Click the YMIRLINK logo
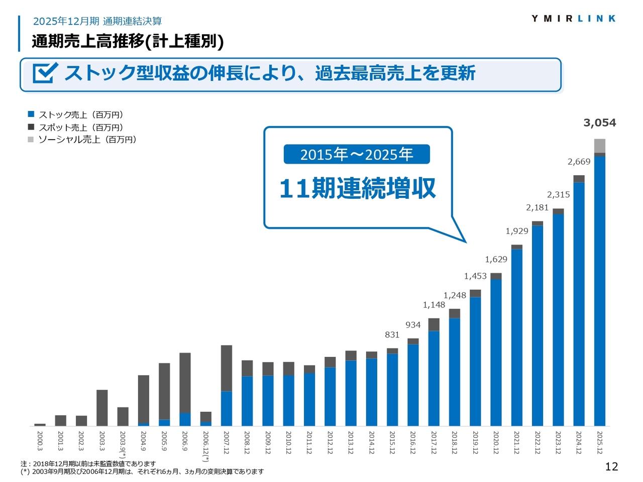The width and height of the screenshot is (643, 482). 573,19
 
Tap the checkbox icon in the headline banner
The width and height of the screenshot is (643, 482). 43,73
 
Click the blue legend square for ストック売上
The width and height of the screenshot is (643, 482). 31,114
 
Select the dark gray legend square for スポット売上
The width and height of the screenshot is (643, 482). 31,127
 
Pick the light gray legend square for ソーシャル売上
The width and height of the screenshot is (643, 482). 31,140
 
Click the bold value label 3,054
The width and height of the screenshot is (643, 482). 599,123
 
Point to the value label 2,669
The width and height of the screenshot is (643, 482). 579,162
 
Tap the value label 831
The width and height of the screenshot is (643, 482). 392,335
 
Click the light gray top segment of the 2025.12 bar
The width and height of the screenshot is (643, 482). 599,146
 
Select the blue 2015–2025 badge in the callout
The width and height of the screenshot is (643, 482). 357,154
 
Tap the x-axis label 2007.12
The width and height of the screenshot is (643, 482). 227,442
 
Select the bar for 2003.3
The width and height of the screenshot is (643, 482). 102,408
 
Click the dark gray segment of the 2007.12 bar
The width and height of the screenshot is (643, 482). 227,368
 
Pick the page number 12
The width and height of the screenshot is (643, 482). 611,467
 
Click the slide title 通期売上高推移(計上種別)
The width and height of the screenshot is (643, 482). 127,42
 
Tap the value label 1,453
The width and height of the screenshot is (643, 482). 475,276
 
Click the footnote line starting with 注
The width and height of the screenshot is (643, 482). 88,463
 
